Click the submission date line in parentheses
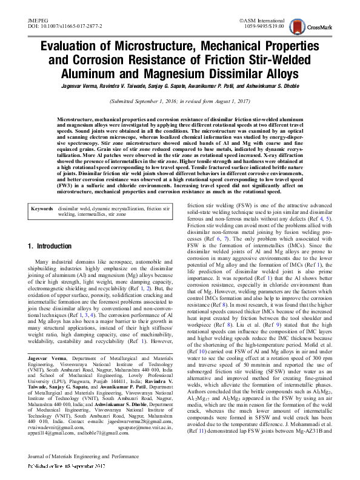pos(179,102)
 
